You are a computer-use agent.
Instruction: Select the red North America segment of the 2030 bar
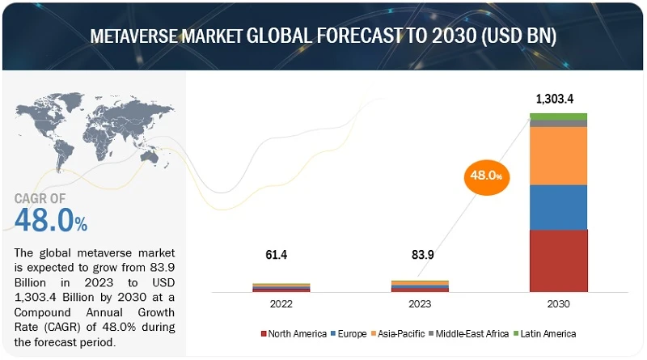coord(558,260)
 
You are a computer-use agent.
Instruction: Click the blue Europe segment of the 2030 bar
coord(558,207)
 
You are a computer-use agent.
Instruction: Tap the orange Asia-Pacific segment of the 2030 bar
coord(558,156)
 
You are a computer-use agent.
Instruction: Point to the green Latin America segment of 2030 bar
coord(558,116)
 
